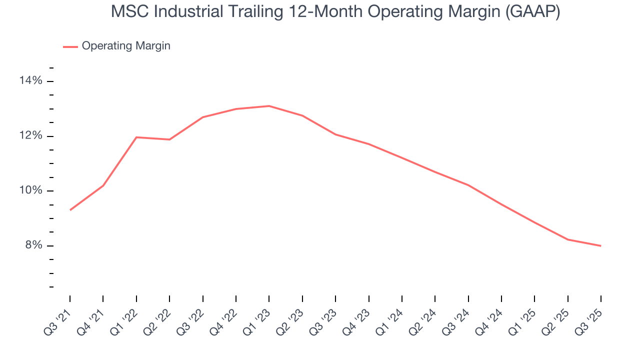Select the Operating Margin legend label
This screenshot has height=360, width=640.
tap(126, 46)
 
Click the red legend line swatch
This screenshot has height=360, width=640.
tap(70, 46)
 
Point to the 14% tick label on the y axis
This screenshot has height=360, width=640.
tap(30, 81)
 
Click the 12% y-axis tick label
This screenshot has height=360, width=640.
tap(30, 136)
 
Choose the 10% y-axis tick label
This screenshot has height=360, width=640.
tap(30, 191)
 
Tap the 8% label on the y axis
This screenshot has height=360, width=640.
tap(33, 245)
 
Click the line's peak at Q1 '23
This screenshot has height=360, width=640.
tap(269, 106)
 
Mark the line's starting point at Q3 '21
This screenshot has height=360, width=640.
tap(70, 210)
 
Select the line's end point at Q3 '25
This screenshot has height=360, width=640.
tap(600, 245)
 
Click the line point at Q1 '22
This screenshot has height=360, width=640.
tap(136, 137)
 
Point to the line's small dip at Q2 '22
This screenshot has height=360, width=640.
tap(169, 139)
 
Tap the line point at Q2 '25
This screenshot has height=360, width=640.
tap(567, 239)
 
